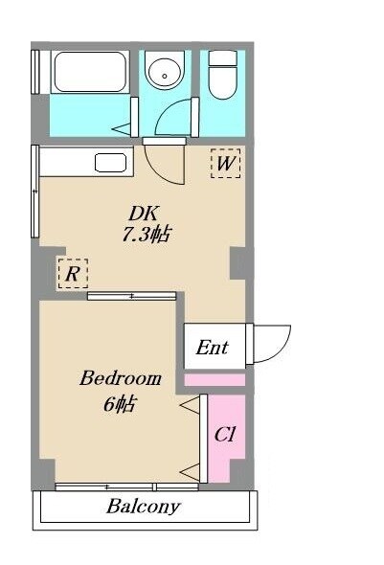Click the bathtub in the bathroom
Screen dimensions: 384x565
pos(90,72)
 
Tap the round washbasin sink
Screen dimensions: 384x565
pos(165,74)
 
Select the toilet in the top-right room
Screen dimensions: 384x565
pos(223,75)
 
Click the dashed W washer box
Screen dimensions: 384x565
pos(225,163)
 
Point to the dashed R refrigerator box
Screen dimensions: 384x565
pos(73,274)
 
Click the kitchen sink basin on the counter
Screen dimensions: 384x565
pos(110,163)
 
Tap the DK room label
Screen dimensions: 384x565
pos(143,214)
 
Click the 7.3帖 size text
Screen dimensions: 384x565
pos(146,235)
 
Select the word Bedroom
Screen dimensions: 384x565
pos(121,378)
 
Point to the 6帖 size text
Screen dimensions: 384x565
pos(120,403)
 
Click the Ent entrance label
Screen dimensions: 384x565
pos(213,348)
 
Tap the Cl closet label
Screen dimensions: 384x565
pos(224,434)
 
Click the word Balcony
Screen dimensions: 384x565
pos(143,507)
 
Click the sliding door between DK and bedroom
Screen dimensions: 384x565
pos(132,296)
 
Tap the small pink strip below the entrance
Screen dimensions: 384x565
pos(215,380)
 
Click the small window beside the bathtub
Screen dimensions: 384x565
pos(34,72)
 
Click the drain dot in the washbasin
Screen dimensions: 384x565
pos(165,76)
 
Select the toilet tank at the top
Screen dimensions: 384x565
pos(223,58)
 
